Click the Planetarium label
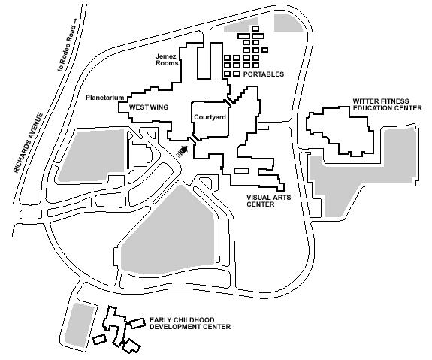tap(105, 98)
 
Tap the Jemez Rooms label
tap(167, 60)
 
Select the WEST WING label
tap(149, 107)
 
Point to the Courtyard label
tap(210, 117)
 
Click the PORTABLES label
tap(264, 74)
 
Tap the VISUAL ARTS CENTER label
tap(269, 201)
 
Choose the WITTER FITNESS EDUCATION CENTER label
tap(388, 104)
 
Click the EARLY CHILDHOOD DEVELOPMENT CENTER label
tap(190, 323)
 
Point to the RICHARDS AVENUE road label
tap(29, 143)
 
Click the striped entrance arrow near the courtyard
tap(182, 152)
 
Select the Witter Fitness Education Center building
tap(340, 132)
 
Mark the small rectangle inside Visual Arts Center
tap(241, 171)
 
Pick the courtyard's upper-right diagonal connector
tap(229, 101)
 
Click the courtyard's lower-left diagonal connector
tap(193, 138)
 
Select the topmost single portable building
tap(255, 28)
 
